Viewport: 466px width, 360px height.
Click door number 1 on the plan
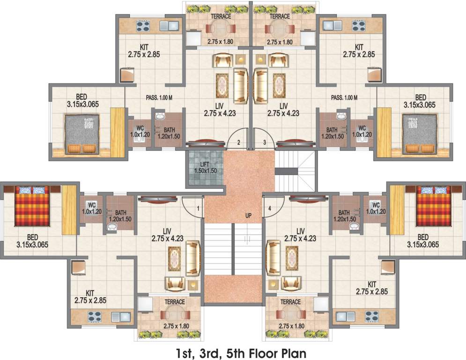(x=198, y=207)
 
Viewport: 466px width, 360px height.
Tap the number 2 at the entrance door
(x=238, y=142)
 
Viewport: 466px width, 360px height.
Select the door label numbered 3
(x=264, y=142)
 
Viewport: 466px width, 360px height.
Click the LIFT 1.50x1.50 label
(x=205, y=167)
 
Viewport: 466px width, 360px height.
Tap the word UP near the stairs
(x=248, y=216)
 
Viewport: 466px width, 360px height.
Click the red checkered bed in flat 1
(x=31, y=206)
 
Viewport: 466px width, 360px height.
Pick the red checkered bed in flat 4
(x=434, y=206)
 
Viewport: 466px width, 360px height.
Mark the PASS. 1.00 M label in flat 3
(x=344, y=98)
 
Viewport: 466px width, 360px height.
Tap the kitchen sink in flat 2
(x=166, y=25)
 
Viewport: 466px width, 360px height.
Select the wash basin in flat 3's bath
(x=342, y=116)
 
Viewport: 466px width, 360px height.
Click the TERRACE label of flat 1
(x=174, y=302)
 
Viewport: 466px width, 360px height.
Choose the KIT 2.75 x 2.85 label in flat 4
(x=372, y=288)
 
